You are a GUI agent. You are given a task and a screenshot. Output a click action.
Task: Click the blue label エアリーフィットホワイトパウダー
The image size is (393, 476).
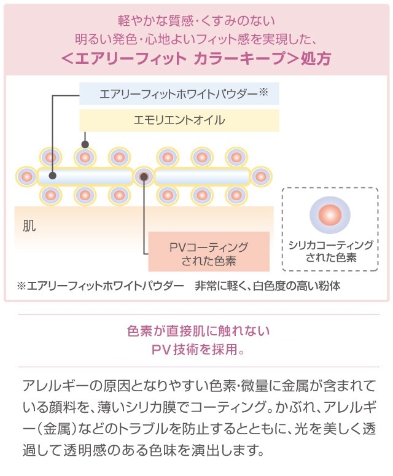178,95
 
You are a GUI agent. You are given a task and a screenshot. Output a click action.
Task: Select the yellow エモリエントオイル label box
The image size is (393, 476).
179,120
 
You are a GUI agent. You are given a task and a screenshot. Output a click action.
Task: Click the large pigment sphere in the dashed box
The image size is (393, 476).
330,215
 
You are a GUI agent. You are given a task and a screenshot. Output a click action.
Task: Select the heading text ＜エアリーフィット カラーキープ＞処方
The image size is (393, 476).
196,58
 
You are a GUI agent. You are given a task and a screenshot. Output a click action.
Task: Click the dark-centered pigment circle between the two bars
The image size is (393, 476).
144,177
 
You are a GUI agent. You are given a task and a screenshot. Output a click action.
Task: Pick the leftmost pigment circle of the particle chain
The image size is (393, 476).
26,177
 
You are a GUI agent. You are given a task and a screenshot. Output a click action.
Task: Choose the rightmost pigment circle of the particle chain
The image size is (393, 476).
260,177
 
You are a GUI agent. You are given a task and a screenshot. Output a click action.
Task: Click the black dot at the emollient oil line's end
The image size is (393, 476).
85,145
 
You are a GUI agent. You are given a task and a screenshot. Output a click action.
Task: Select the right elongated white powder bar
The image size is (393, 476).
202,177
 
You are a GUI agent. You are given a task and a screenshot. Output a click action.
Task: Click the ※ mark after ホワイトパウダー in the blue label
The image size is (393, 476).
264,93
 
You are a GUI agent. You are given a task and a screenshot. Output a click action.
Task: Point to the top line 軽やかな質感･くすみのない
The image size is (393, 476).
196,23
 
